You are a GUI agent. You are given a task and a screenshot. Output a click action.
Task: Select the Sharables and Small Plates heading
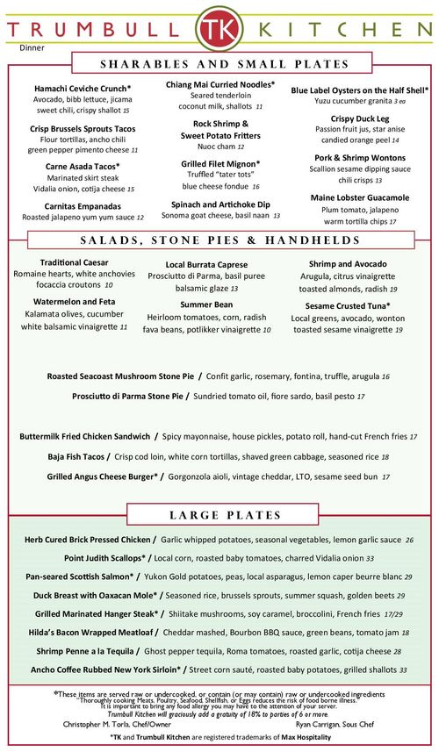tap(219, 64)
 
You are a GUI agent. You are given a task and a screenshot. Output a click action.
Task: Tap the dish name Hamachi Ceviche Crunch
tap(81, 89)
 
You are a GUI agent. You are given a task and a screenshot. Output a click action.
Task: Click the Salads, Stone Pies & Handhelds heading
tap(219, 240)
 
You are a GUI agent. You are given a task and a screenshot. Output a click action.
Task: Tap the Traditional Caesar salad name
tap(74, 262)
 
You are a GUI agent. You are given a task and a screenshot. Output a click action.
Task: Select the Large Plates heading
tap(219, 514)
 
